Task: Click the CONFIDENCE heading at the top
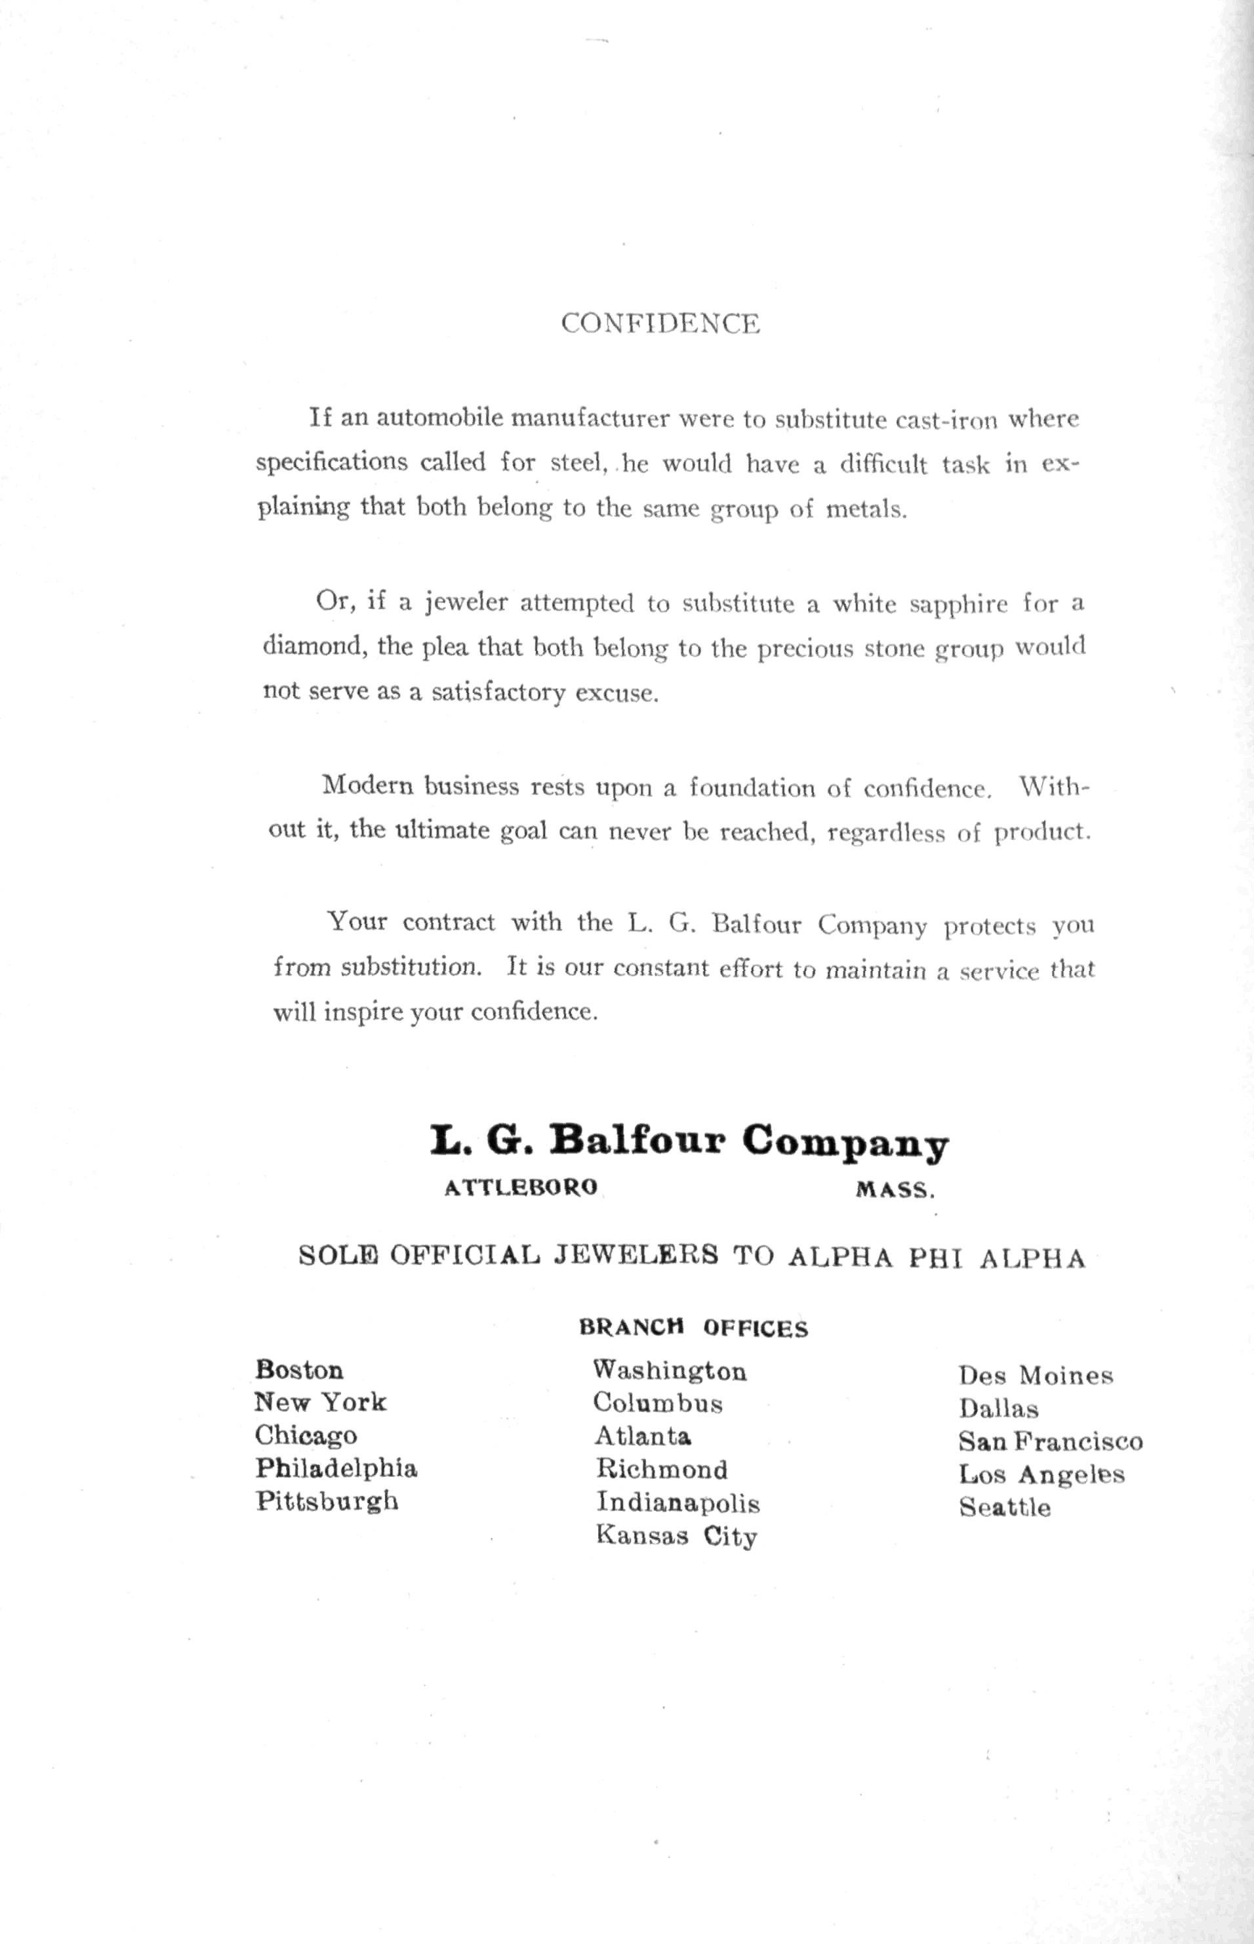pyautogui.click(x=660, y=323)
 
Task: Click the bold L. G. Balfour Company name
pyautogui.click(x=689, y=1143)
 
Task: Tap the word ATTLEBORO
pyautogui.click(x=521, y=1188)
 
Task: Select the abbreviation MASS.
pyautogui.click(x=895, y=1190)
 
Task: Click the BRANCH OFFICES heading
pyautogui.click(x=693, y=1329)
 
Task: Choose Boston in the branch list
pyautogui.click(x=299, y=1369)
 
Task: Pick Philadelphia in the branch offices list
pyautogui.click(x=336, y=1468)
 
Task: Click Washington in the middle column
pyautogui.click(x=670, y=1371)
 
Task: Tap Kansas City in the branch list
pyautogui.click(x=676, y=1536)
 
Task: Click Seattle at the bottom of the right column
pyautogui.click(x=1004, y=1508)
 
